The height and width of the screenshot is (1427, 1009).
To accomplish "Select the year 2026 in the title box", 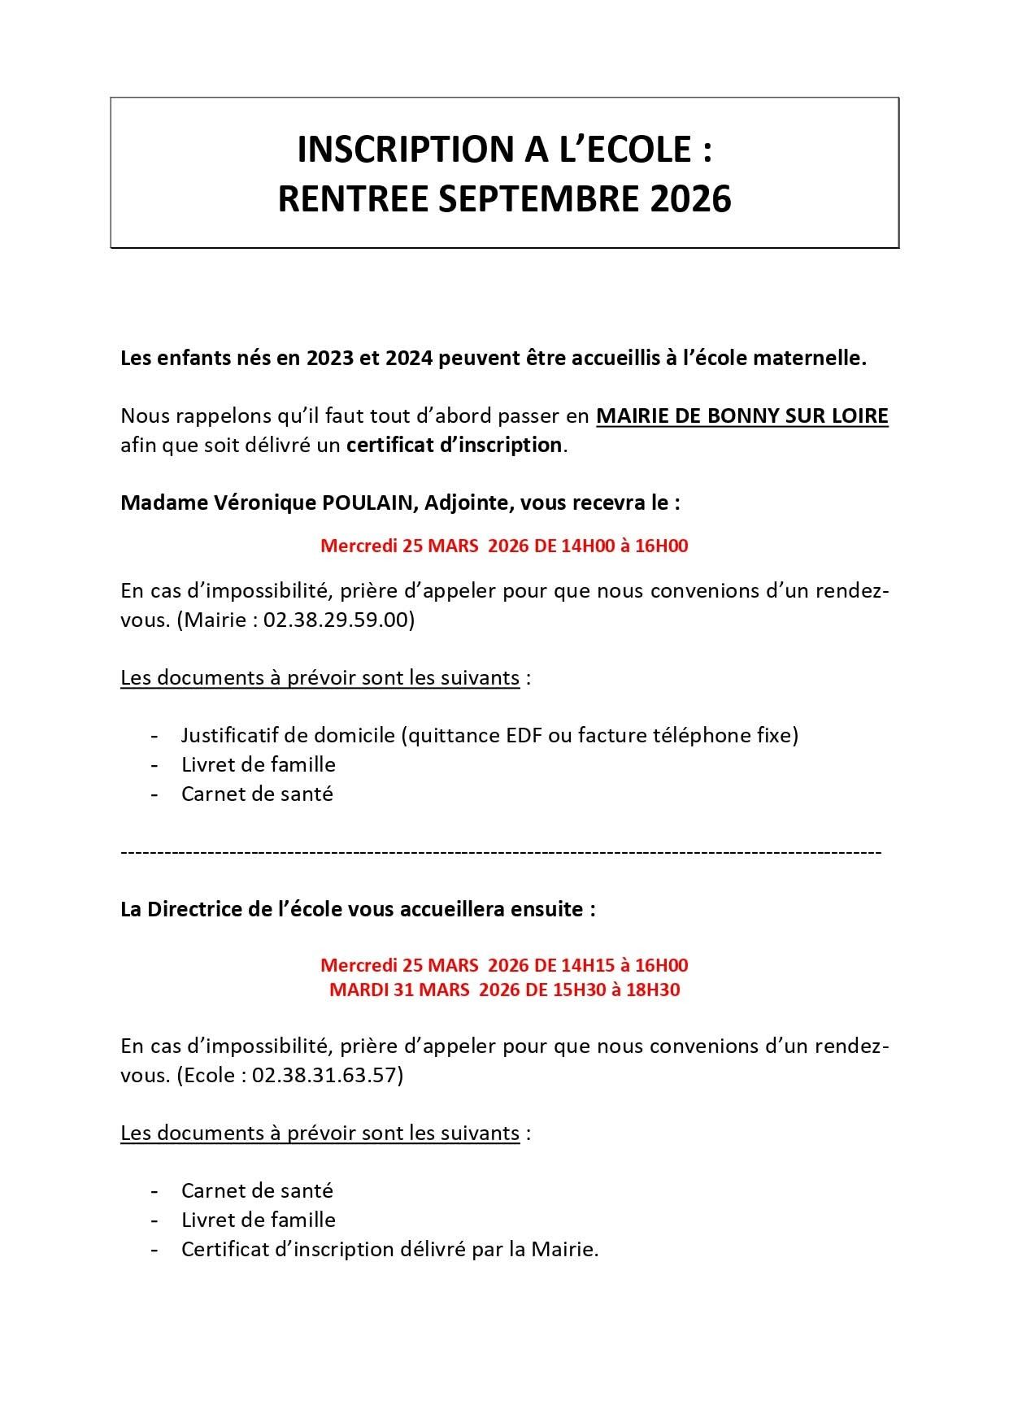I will pyautogui.click(x=690, y=199).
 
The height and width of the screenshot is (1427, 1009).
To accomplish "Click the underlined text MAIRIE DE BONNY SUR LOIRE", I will pyautogui.click(x=742, y=416).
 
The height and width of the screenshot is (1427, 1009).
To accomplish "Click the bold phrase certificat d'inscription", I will pyautogui.click(x=454, y=446).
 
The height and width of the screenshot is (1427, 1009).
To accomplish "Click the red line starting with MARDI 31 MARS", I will pyautogui.click(x=504, y=990).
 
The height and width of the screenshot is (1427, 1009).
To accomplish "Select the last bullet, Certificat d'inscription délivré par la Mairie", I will pyautogui.click(x=389, y=1249).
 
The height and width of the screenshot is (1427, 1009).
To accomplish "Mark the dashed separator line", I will pyautogui.click(x=501, y=852).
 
